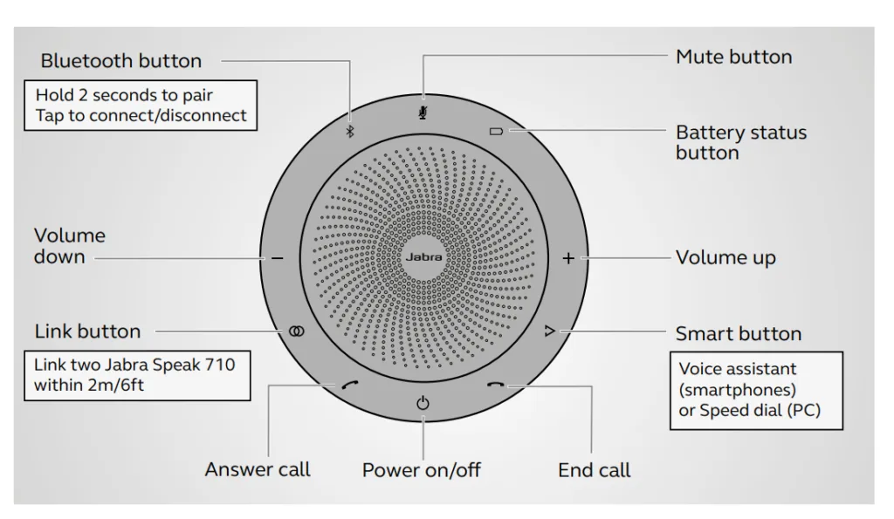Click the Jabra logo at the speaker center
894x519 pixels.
pos(423,259)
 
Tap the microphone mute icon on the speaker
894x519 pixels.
pos(423,113)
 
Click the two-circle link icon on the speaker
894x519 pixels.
pos(297,331)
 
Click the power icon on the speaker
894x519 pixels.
pos(423,403)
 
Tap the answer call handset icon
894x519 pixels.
pos(351,387)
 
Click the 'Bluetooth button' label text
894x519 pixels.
pos(120,61)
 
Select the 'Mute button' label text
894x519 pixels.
pos(733,58)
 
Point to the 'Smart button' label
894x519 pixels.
pos(738,334)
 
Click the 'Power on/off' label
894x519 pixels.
pos(422,470)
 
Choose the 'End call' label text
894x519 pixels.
pos(594,470)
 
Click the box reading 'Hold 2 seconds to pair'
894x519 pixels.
pos(141,106)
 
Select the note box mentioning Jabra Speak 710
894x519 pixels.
pos(135,375)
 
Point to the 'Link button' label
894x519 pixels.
pos(87,331)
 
